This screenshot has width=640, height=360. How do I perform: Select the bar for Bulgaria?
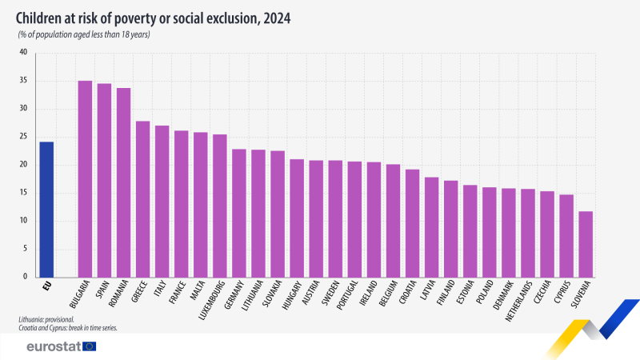(85, 179)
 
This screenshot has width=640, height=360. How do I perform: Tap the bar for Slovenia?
(586, 244)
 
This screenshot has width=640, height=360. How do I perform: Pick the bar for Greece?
(142, 199)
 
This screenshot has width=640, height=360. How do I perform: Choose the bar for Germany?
(239, 213)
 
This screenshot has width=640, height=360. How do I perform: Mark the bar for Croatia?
(412, 223)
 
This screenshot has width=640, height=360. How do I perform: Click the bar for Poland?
(490, 232)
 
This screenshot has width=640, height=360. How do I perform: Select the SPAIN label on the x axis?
(103, 290)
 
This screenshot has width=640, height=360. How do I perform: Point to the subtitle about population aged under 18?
(84, 35)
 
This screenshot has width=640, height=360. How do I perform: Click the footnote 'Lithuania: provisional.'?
(50, 319)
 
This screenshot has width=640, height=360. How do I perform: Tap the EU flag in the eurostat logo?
(89, 346)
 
